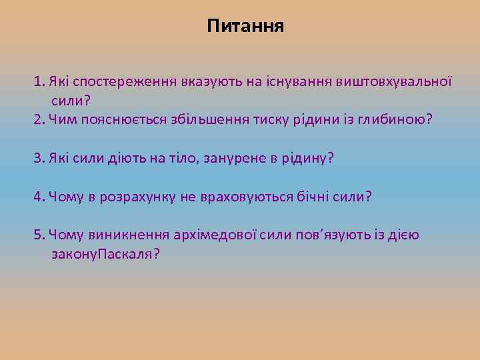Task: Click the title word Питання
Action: pyautogui.click(x=245, y=27)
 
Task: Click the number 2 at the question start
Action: pyautogui.click(x=37, y=119)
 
